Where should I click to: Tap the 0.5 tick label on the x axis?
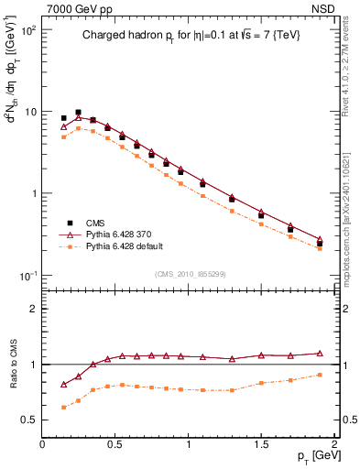coord(115,442)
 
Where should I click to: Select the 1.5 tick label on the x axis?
coord(262,442)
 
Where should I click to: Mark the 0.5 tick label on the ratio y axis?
coord(27,420)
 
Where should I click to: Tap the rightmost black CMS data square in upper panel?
coord(320,244)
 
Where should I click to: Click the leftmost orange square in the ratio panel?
coord(63,407)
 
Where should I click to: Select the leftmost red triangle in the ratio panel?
coord(63,385)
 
